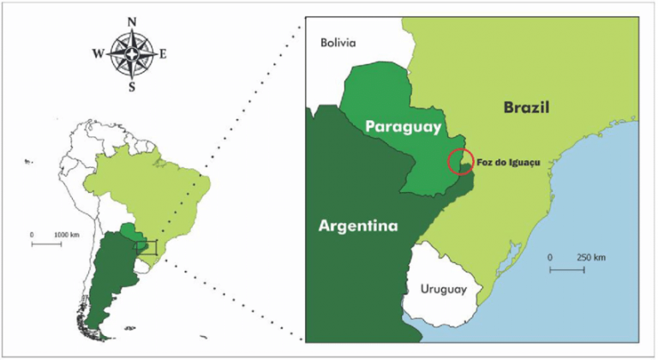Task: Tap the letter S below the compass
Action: tap(131, 86)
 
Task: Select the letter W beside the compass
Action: tap(98, 54)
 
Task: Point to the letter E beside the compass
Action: tap(163, 54)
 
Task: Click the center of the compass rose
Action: tap(131, 54)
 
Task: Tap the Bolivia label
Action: tap(338, 42)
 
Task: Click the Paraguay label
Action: tap(402, 126)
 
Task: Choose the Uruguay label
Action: tap(444, 289)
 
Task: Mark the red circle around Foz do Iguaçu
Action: tap(461, 161)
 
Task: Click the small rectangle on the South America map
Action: tap(147, 247)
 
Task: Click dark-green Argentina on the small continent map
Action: tap(107, 274)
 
